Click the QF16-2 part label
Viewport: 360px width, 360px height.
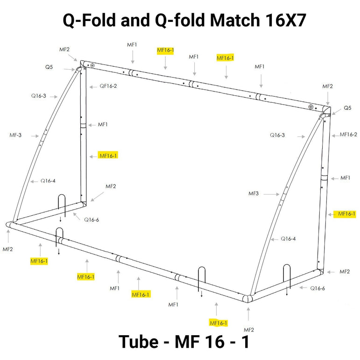(x=108, y=86)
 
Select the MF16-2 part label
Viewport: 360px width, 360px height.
(x=348, y=134)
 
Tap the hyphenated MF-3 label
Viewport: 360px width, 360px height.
(x=16, y=135)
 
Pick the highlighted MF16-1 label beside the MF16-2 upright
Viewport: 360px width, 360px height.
(x=346, y=213)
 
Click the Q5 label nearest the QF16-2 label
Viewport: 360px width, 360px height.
(x=49, y=67)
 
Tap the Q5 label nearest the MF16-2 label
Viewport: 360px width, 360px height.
(x=347, y=108)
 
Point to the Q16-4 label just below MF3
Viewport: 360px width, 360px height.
(x=288, y=239)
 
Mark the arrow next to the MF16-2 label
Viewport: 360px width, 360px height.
(x=333, y=135)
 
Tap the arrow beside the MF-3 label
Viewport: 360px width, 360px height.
(x=33, y=136)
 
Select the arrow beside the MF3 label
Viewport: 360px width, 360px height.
(x=270, y=194)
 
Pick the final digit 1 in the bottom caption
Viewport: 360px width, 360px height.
(x=245, y=342)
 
